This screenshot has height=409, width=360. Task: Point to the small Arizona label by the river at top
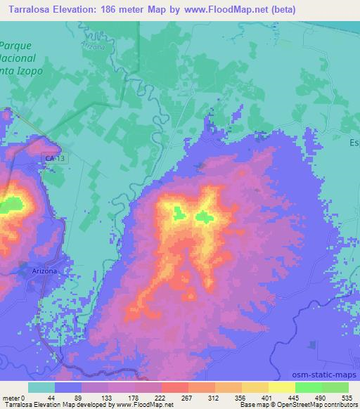(97, 47)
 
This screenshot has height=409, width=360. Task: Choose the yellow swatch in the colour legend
(282, 387)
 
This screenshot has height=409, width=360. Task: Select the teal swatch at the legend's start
(41, 387)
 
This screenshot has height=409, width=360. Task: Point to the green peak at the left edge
(8, 206)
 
